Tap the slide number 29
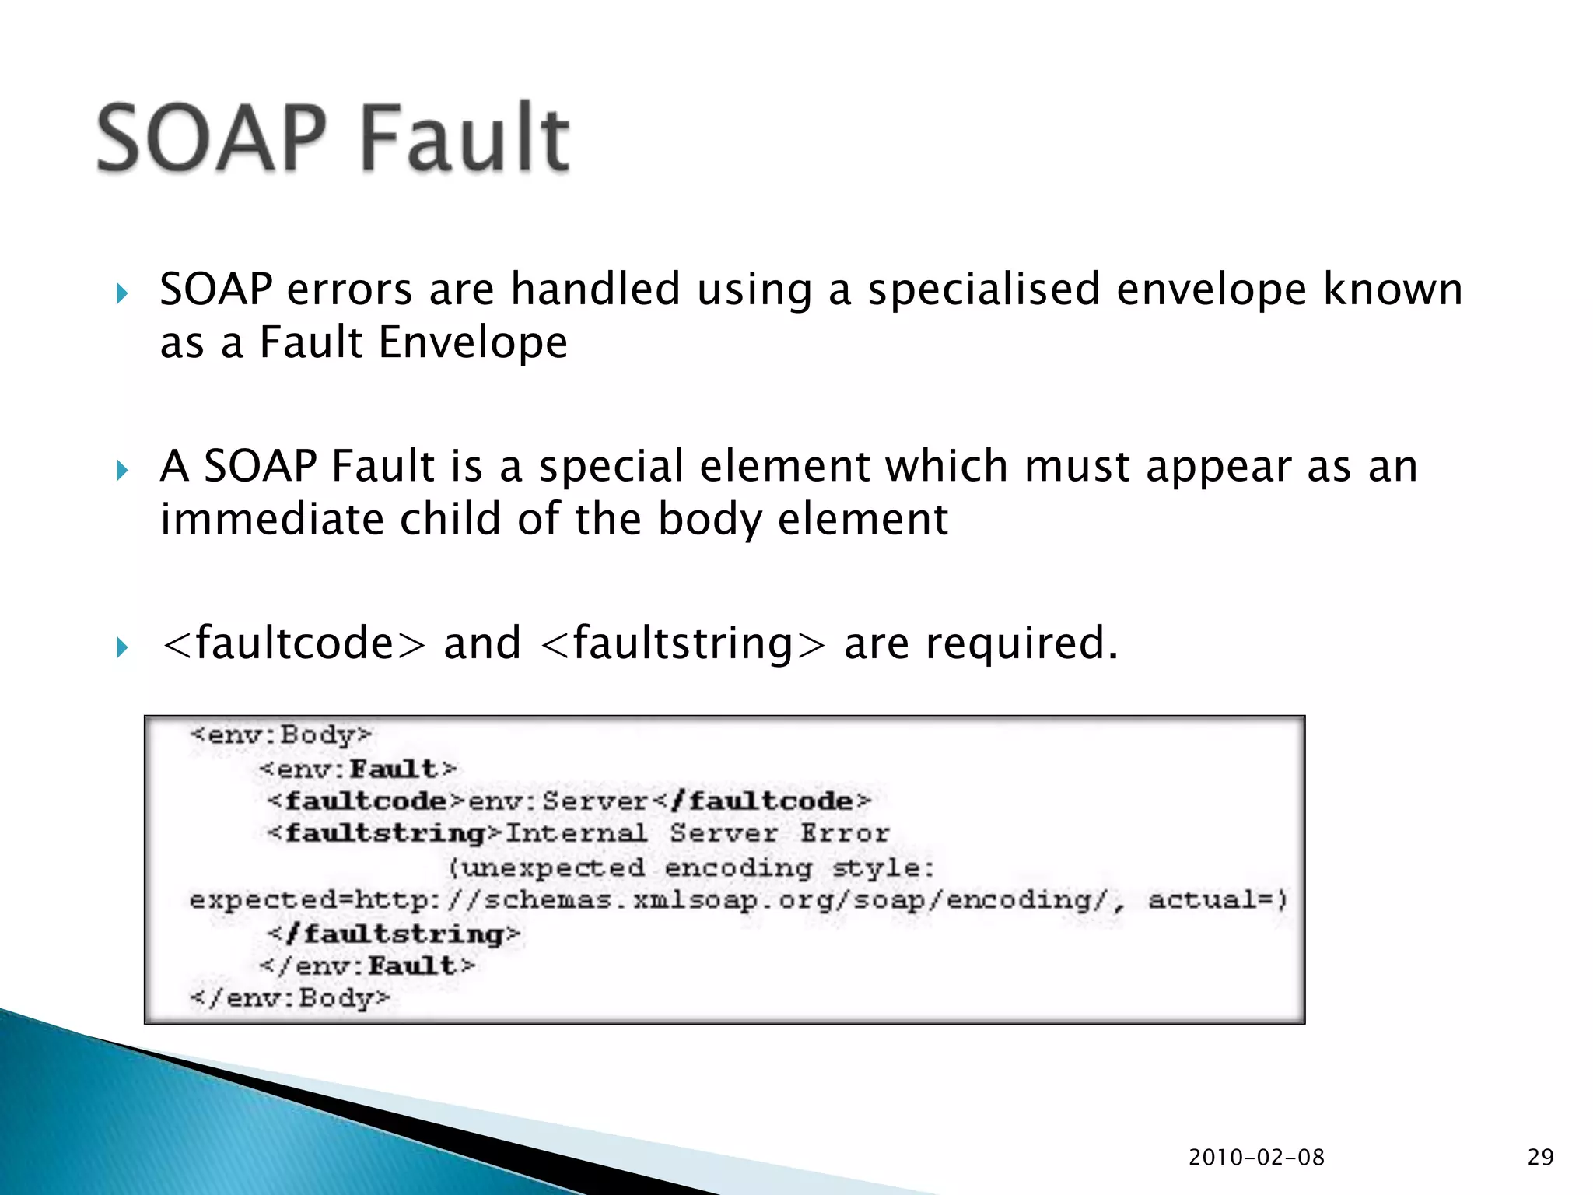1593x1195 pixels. pyautogui.click(x=1540, y=1157)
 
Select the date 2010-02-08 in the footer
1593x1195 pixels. pyautogui.click(x=1256, y=1157)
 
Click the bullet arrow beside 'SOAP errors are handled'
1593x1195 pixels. pyautogui.click(x=121, y=293)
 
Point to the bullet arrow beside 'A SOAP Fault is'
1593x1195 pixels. pyautogui.click(x=121, y=470)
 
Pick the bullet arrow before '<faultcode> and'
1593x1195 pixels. pyautogui.click(x=121, y=647)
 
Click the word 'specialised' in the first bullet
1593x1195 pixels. pyautogui.click(x=984, y=290)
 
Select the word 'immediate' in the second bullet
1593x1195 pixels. pyautogui.click(x=271, y=519)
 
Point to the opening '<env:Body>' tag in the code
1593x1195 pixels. pyautogui.click(x=281, y=734)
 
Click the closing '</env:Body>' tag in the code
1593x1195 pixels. pyautogui.click(x=290, y=997)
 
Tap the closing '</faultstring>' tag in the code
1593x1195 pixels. pyautogui.click(x=394, y=933)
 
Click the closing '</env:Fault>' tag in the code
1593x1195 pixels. pyautogui.click(x=367, y=965)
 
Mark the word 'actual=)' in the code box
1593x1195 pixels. pyautogui.click(x=1218, y=900)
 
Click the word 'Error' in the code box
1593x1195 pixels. pyautogui.click(x=845, y=833)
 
